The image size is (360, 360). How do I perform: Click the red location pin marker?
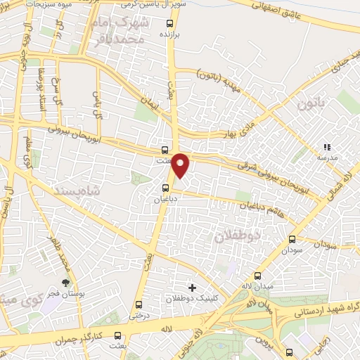coord(181,165)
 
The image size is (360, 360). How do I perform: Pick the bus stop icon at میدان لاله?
coord(258,276)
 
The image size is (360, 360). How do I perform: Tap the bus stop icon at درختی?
coord(139,304)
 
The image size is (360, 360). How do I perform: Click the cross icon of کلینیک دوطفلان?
coord(192,288)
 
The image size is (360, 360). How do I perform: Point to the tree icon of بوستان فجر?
coord(65,283)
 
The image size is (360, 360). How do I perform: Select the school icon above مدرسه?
coord(326,147)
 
